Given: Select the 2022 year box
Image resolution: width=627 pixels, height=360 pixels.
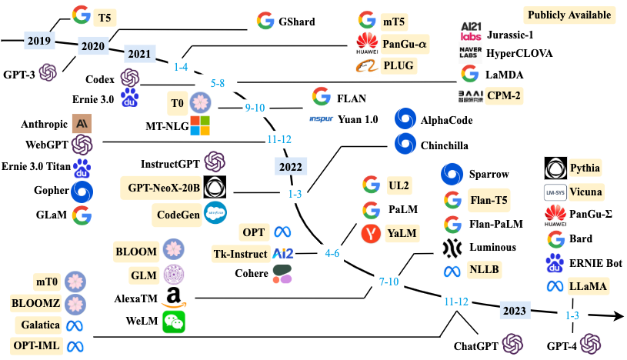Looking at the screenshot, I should coord(290,167).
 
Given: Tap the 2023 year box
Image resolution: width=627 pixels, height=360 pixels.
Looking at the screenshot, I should coord(513,311).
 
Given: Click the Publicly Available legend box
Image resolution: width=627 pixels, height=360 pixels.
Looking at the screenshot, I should coord(568,15).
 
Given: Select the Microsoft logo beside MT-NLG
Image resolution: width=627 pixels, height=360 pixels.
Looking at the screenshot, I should coord(200,125).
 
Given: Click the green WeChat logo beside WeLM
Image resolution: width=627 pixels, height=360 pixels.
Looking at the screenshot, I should coord(174,323).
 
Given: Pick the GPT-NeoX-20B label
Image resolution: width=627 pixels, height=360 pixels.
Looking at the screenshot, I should coord(164,187).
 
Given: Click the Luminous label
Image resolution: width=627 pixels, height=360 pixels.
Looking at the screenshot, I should coord(492,247).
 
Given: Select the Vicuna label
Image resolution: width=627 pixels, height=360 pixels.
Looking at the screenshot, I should coord(586,191).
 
